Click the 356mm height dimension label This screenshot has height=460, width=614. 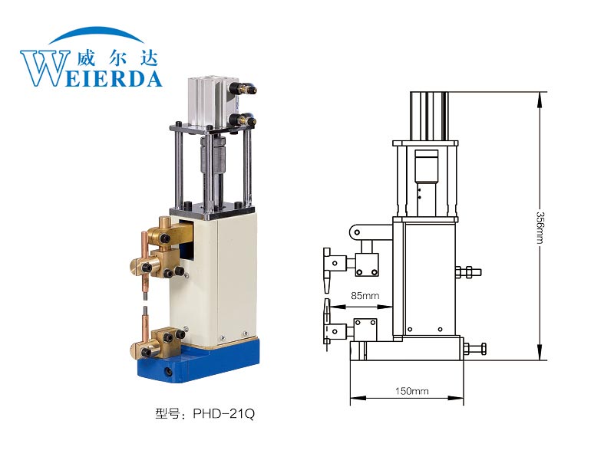coord(540,227)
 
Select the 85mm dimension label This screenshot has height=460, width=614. coord(365,296)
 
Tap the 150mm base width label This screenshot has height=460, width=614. coord(411,391)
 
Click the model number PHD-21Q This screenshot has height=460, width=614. coord(223,413)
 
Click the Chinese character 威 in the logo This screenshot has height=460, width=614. coord(85,58)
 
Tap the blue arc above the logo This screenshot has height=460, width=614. coord(97,34)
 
